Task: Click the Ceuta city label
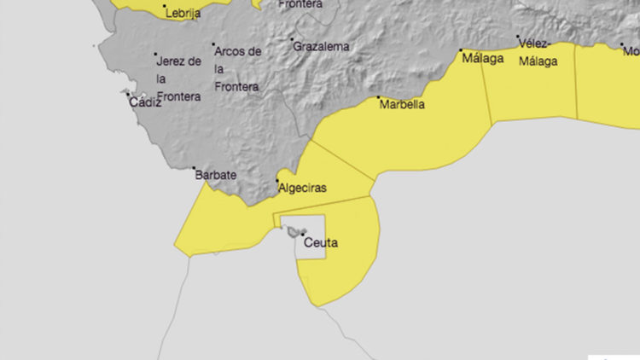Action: [321, 243]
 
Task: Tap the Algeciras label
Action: [303, 188]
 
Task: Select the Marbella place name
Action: [402, 106]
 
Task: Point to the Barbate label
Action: [215, 176]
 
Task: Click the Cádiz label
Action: [144, 102]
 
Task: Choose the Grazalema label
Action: [322, 47]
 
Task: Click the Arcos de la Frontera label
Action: [237, 68]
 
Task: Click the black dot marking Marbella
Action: [379, 98]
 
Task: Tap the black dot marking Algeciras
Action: [276, 180]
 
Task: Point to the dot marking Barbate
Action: [194, 168]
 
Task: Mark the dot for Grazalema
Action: [293, 39]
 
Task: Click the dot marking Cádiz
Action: [129, 95]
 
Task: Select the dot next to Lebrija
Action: [165, 6]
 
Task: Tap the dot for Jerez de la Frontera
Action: [155, 55]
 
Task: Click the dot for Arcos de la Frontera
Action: [213, 44]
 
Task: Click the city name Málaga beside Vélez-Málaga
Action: [482, 59]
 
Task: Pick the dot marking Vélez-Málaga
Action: [518, 37]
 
